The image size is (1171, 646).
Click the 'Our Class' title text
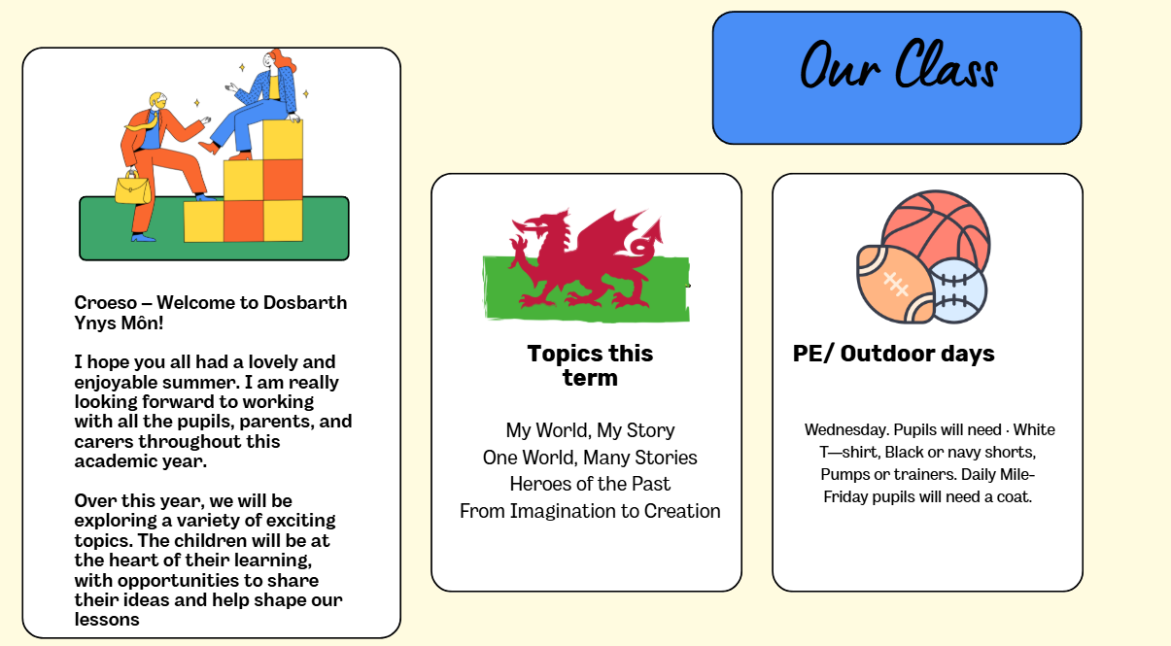899,65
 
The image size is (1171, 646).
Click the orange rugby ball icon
895,285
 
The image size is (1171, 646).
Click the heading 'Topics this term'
590,365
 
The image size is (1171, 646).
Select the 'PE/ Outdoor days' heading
893,354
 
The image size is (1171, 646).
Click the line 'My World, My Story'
590,430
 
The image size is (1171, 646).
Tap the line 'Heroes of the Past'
590,484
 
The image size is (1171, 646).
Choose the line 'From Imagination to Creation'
590,511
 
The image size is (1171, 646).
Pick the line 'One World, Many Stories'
590,458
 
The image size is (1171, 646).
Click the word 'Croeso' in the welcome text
106,303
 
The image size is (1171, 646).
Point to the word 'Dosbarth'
305,303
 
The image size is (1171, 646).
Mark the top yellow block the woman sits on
282,140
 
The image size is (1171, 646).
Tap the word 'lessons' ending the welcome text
107,620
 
